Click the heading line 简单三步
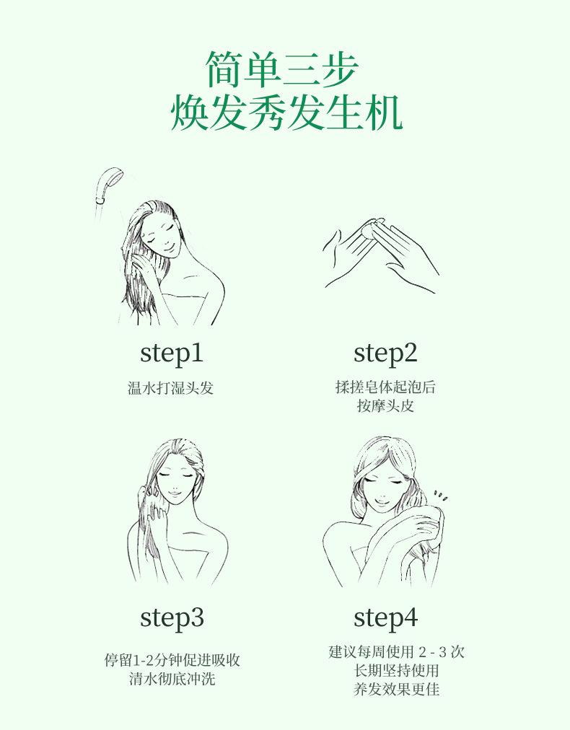(x=282, y=69)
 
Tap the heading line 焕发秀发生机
(x=286, y=113)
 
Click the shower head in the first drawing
(x=108, y=185)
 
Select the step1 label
(x=172, y=353)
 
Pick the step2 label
(x=385, y=353)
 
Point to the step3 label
(x=172, y=618)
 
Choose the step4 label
(x=385, y=618)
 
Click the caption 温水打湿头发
(x=171, y=388)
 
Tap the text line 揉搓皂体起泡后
(x=385, y=387)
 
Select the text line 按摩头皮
(x=385, y=405)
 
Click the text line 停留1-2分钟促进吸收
(x=172, y=660)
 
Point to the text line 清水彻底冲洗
(x=172, y=678)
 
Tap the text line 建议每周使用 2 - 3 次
(x=396, y=652)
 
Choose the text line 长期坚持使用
(x=396, y=670)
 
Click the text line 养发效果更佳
(x=396, y=689)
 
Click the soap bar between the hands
(x=371, y=229)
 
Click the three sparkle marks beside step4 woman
(x=440, y=496)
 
